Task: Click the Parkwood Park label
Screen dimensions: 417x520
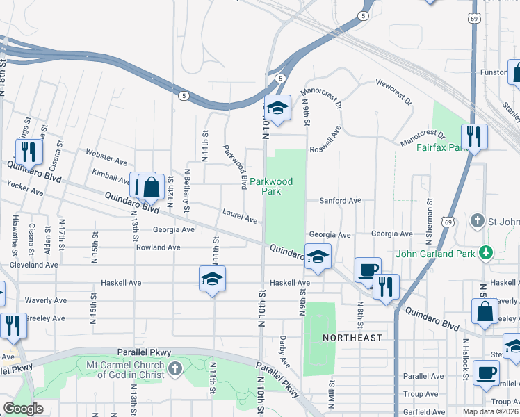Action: pos(271,186)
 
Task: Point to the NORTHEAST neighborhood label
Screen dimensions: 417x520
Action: pos(352,338)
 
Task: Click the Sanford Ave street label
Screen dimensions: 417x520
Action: pos(340,201)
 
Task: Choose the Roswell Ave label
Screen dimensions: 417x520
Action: pos(326,139)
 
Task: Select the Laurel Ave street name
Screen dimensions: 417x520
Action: pos(240,216)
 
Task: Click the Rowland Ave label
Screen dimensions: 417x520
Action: pos(158,247)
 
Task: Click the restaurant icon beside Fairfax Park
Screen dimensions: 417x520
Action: pos(474,136)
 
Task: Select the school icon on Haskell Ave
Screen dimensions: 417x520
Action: pos(213,279)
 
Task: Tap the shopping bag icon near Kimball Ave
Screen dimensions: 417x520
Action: pos(151,186)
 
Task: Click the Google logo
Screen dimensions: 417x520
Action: pos(23,408)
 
